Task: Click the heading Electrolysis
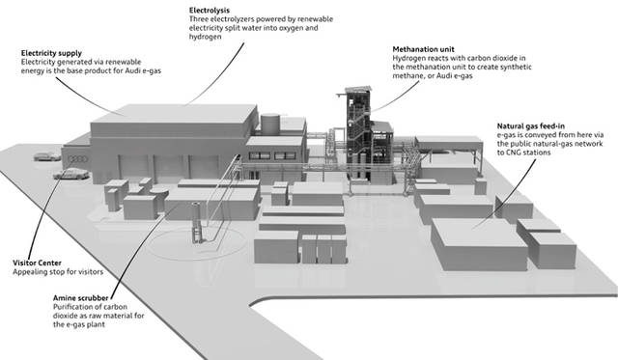point(210,11)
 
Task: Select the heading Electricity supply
point(51,53)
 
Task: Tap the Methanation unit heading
point(423,49)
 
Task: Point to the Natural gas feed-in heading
point(530,126)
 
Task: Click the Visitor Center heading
point(37,263)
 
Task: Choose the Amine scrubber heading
point(80,298)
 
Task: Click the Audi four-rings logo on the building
point(77,159)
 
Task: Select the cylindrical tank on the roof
point(270,123)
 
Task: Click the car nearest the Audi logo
point(71,174)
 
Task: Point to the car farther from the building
point(47,156)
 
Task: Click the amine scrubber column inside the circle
point(196,223)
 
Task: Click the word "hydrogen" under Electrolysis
point(205,37)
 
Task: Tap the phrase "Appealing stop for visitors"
point(58,272)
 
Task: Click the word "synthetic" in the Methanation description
point(516,67)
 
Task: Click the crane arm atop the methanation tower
point(342,95)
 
